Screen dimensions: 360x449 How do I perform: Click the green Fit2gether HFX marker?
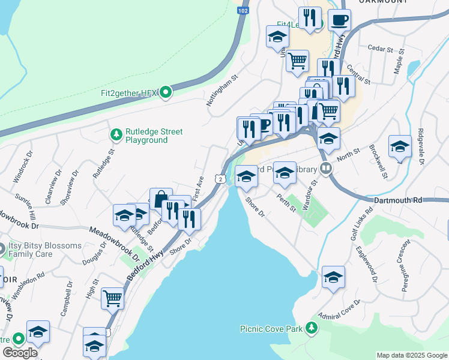click(x=166, y=92)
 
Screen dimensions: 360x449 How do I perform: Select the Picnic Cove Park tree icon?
click(x=311, y=328)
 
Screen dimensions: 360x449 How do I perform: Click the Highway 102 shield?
click(x=242, y=11)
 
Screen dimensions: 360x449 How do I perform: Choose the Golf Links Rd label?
click(x=361, y=226)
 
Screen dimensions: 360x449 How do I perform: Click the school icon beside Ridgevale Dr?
click(x=400, y=146)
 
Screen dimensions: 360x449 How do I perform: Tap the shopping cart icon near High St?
click(x=112, y=298)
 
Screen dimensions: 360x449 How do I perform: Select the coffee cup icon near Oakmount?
click(x=339, y=20)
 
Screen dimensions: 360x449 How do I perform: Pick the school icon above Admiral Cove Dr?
click(x=333, y=277)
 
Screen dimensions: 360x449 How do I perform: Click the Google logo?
click(x=19, y=353)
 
